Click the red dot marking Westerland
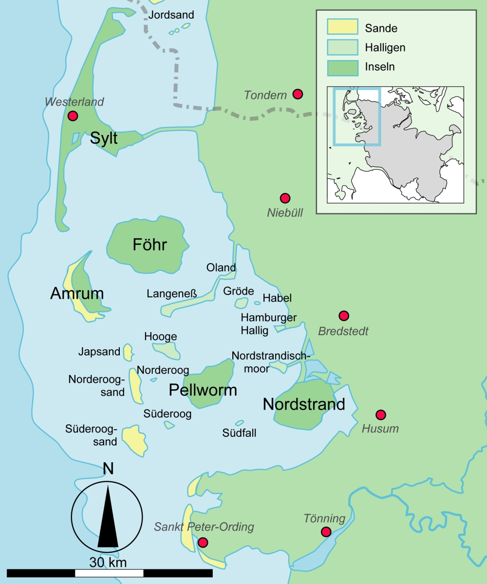coord(73,116)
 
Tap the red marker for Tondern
coord(298,94)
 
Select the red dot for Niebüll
coord(285,198)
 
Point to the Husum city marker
coord(381,414)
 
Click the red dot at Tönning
coord(326,531)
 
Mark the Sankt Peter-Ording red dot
coord(203,542)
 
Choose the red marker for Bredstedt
coord(344,316)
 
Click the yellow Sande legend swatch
coord(342,28)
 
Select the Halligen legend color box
coord(342,47)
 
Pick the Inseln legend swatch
coord(342,67)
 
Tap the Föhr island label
coord(150,245)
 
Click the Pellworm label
coord(203,390)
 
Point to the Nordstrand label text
coord(304,404)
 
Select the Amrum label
coord(77,294)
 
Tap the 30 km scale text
coord(108,563)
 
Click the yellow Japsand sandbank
coord(128,352)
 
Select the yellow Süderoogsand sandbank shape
coord(134,440)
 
